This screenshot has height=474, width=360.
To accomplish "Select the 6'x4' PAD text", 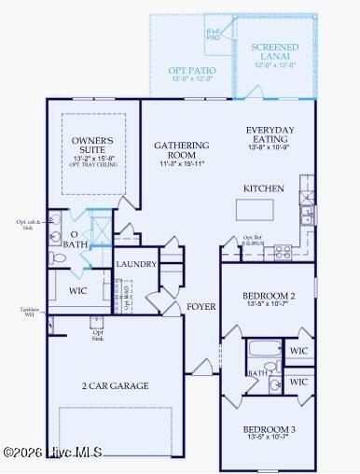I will click(214, 35).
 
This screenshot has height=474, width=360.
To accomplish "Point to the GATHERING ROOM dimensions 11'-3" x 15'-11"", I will click(179, 164).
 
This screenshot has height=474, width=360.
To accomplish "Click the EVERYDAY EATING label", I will click(270, 134).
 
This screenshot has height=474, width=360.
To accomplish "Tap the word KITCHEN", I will click(263, 188).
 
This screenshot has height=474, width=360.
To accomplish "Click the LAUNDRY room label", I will click(135, 265).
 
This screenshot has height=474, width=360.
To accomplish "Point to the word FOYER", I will click(201, 306).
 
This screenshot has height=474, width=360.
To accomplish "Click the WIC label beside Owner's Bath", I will click(77, 290).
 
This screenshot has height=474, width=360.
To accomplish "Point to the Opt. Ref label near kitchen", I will click(255, 238).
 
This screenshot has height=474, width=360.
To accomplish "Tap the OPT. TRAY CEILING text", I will click(91, 168).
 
